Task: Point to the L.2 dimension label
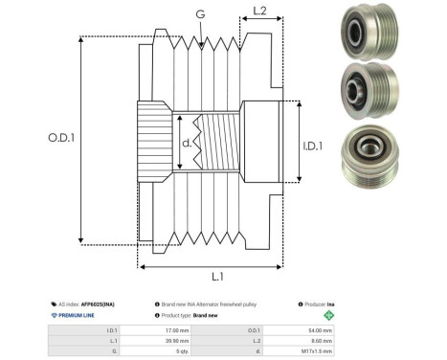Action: [258, 12]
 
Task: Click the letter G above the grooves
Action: [199, 14]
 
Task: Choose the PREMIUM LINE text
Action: [81, 314]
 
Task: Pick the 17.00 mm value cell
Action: [180, 329]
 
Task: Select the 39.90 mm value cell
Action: [179, 340]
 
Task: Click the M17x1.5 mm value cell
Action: [317, 350]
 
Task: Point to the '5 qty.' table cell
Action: [181, 350]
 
